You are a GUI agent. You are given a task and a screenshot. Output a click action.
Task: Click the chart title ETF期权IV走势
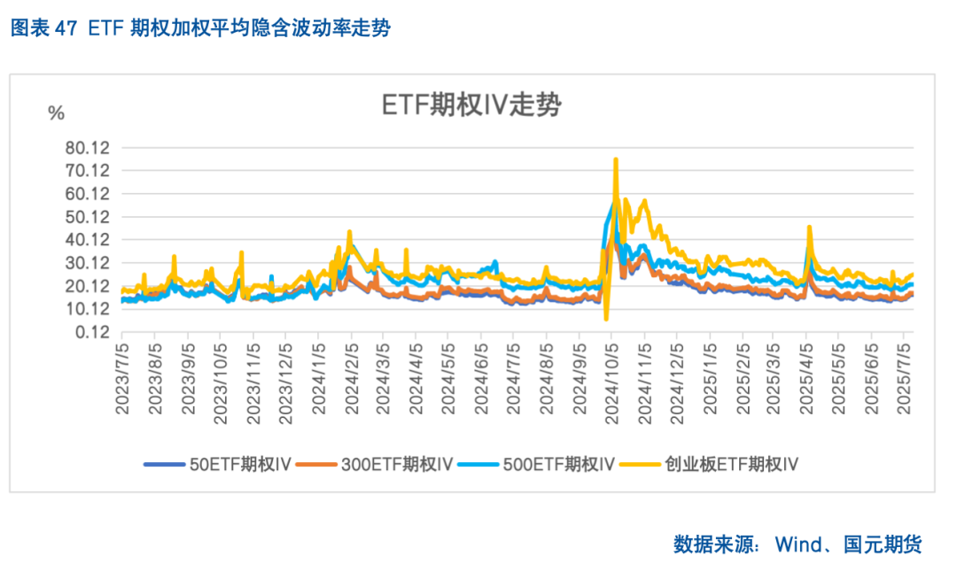click(x=471, y=105)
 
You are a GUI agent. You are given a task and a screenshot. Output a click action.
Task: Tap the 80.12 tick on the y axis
click(x=87, y=148)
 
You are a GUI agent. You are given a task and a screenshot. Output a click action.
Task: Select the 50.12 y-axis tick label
click(x=87, y=217)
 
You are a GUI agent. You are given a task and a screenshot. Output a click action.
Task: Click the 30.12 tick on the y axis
click(x=87, y=263)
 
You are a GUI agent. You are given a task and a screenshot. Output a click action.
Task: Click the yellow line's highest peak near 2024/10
click(x=616, y=160)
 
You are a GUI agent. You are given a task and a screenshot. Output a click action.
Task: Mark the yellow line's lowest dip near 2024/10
click(x=606, y=319)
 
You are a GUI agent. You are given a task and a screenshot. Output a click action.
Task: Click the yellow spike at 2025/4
click(x=809, y=228)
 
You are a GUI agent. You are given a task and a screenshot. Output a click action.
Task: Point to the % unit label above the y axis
click(x=57, y=113)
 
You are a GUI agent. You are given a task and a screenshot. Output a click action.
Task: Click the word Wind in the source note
click(x=797, y=543)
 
